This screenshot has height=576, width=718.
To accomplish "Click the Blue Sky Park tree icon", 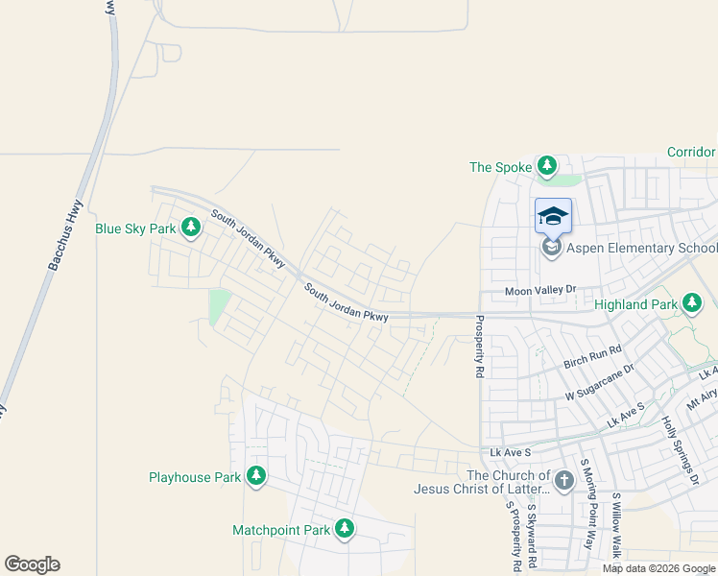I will pyautogui.click(x=192, y=228).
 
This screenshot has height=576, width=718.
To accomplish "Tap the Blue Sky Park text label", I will pyautogui.click(x=135, y=228).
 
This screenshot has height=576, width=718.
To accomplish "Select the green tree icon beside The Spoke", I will pyautogui.click(x=547, y=166).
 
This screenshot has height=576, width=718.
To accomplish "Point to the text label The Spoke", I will pyautogui.click(x=500, y=167).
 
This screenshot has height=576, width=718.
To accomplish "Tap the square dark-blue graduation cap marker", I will pyautogui.click(x=553, y=215).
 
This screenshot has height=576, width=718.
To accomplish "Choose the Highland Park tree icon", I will pyautogui.click(x=691, y=304).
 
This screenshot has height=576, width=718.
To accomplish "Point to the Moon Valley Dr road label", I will pyautogui.click(x=540, y=290).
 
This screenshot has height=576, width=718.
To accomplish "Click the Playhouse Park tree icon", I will pyautogui.click(x=256, y=475).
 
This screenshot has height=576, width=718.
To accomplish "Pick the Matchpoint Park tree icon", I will pyautogui.click(x=345, y=529).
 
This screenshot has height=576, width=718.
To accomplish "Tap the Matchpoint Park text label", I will pyautogui.click(x=281, y=530).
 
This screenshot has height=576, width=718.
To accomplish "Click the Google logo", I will pyautogui.click(x=32, y=564).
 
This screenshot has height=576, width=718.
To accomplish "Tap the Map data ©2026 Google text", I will pyautogui.click(x=658, y=568).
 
